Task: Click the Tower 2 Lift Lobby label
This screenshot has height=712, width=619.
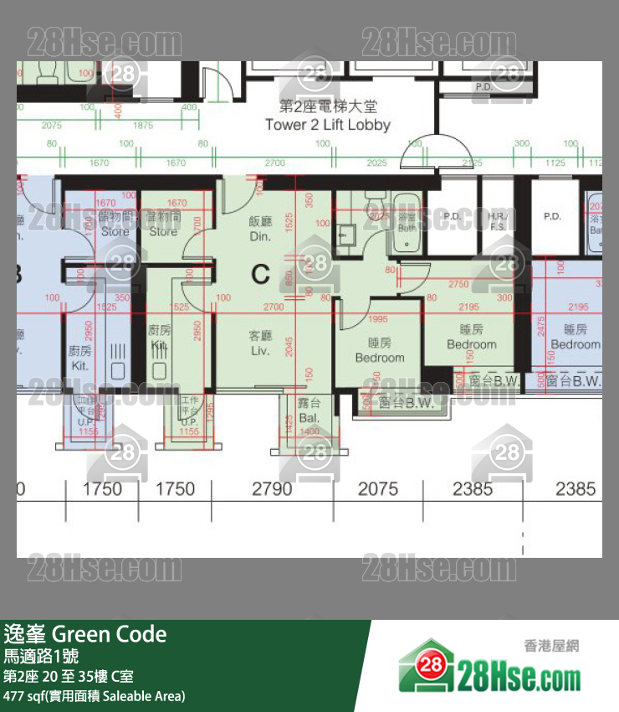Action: (327, 125)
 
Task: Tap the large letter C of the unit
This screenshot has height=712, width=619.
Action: (261, 273)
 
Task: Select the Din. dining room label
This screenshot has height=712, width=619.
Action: (261, 236)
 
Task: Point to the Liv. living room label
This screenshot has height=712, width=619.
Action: (261, 349)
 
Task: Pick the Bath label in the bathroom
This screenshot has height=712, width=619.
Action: (407, 227)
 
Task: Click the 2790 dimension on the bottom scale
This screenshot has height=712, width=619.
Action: (273, 489)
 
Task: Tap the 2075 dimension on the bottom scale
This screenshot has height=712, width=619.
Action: (378, 489)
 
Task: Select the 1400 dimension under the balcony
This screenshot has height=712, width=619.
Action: (309, 431)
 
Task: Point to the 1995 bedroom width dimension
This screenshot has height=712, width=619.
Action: (378, 318)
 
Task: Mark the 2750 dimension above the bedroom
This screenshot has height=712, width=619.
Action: (458, 285)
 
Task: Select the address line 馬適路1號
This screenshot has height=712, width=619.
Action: (43, 656)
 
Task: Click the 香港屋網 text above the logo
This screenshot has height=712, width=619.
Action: (551, 646)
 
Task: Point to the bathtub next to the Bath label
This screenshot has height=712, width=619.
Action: (407, 224)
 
